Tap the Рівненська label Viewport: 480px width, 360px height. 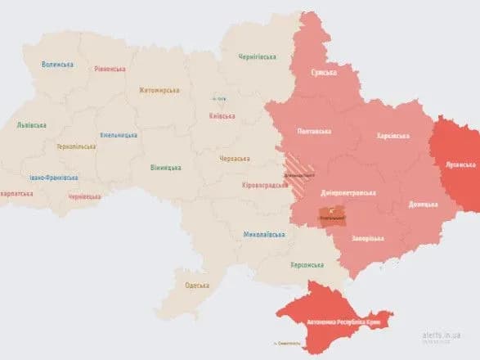(x=110, y=69)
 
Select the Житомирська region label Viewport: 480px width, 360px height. (x=158, y=90)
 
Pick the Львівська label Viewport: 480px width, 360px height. (x=31, y=125)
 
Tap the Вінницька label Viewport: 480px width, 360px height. (x=167, y=169)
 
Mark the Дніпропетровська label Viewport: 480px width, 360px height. (x=348, y=193)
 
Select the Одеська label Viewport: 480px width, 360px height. (x=197, y=285)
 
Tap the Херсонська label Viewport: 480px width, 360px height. (x=307, y=264)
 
